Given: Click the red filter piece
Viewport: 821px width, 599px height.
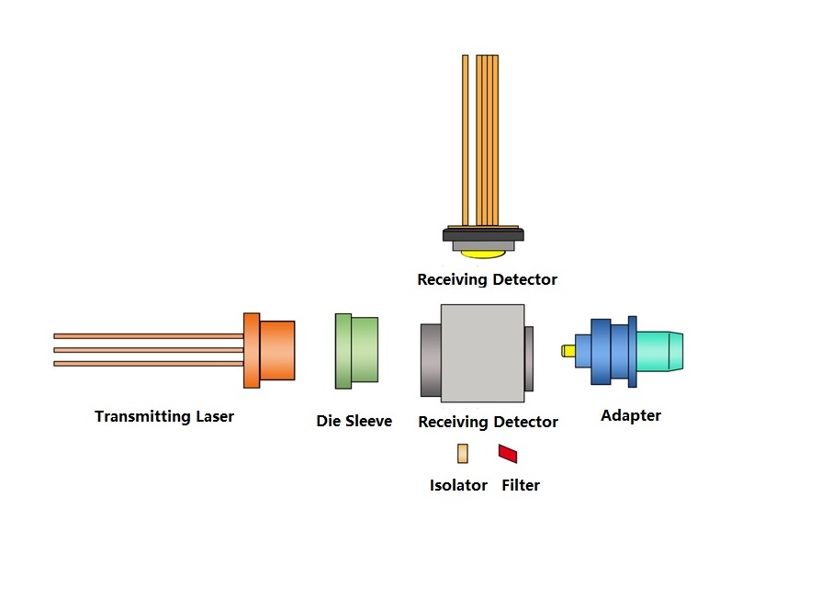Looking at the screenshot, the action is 508,454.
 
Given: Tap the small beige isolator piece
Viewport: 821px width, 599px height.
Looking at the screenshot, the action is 463,454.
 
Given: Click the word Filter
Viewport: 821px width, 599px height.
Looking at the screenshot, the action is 521,485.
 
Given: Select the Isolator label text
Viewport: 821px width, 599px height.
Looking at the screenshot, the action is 458,485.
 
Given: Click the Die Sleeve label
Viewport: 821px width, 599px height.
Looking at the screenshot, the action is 354,421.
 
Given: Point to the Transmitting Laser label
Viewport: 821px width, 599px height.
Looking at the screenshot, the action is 163,416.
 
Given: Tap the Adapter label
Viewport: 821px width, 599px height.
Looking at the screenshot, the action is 630,416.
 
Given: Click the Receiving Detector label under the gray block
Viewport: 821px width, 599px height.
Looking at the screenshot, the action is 488,422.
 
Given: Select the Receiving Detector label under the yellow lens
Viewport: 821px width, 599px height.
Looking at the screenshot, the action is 487,279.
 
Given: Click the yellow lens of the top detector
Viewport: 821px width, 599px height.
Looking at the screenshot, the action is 483,254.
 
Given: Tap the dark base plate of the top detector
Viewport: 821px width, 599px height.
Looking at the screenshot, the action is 483,234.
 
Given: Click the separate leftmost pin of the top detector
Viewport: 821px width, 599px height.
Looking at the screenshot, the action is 466,141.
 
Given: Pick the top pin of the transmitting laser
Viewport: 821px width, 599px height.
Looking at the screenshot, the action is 149,336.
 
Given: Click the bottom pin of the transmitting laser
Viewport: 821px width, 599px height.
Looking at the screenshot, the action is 149,364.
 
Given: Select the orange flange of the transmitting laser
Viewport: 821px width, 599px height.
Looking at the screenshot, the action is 252,351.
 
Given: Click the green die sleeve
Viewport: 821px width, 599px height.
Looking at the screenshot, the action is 356,351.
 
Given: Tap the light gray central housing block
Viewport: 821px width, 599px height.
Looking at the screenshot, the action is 483,354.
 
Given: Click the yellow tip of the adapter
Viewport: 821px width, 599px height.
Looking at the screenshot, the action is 568,351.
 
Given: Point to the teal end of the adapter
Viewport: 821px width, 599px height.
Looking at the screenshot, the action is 659,351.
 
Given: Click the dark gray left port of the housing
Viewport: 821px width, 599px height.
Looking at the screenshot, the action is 431,360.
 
